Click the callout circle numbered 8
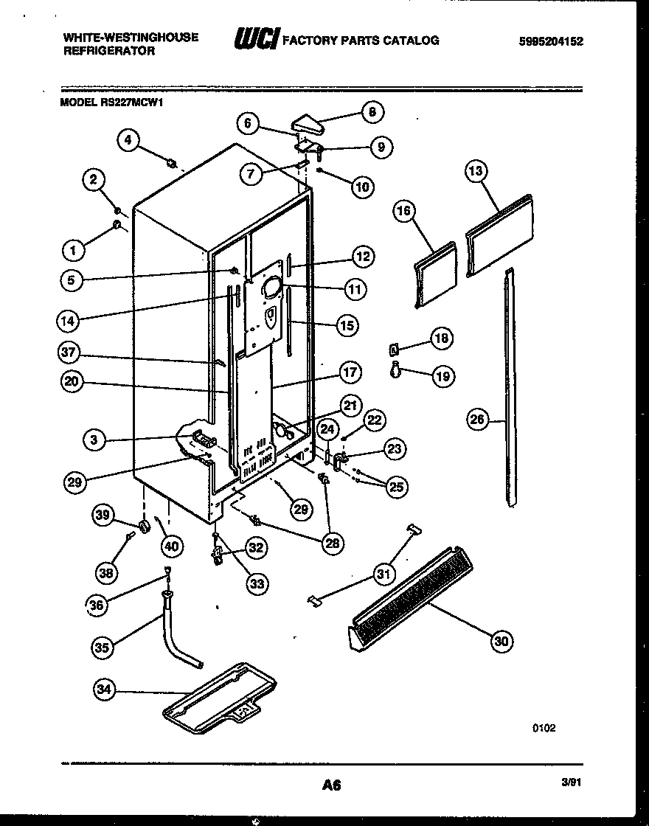pos(372,113)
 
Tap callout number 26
pos(478,421)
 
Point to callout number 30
pos(502,641)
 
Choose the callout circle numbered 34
pos(105,690)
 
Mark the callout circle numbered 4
pos(129,139)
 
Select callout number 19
pos(442,376)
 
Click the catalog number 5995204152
pos(551,42)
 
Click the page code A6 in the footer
pos(331,785)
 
